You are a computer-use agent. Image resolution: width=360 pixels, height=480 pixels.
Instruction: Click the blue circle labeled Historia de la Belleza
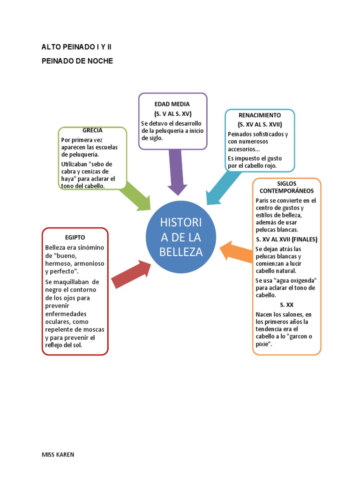(180, 237)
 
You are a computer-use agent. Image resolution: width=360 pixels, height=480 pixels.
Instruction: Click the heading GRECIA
(92, 130)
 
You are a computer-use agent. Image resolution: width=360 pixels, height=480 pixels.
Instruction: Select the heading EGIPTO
(75, 237)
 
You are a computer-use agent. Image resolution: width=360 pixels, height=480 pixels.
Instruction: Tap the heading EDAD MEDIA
(172, 104)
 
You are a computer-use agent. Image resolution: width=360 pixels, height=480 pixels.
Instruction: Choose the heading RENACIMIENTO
(260, 115)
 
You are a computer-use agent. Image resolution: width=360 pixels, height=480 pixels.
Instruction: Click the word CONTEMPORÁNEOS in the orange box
(286, 191)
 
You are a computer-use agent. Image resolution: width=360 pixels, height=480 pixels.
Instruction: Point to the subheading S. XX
(286, 305)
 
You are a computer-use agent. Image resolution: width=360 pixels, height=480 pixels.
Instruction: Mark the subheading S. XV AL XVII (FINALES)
(286, 239)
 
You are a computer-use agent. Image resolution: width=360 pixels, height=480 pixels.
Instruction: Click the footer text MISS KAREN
(58, 455)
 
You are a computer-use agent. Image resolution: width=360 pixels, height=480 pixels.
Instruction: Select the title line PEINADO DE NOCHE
(77, 61)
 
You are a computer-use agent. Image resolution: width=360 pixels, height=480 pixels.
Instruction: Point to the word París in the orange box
(263, 200)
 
